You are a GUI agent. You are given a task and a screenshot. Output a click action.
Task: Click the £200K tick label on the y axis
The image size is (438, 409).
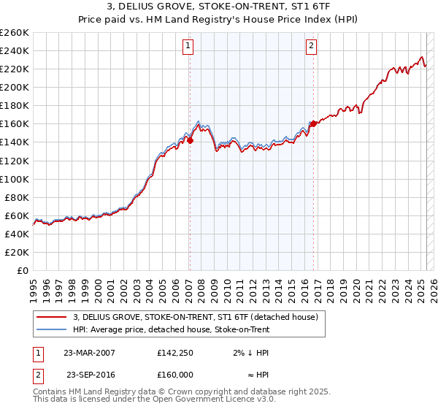click(14, 87)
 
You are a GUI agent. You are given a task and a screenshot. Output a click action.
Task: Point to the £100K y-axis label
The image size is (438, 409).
click(14, 179)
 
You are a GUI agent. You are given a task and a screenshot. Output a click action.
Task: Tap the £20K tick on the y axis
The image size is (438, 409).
click(17, 252)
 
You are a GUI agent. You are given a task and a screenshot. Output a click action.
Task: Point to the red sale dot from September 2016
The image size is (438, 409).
click(312, 123)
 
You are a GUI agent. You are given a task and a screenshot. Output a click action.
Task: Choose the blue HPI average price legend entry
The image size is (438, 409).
click(172, 329)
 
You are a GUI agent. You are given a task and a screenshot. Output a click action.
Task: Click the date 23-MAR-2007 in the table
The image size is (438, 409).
click(89, 353)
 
